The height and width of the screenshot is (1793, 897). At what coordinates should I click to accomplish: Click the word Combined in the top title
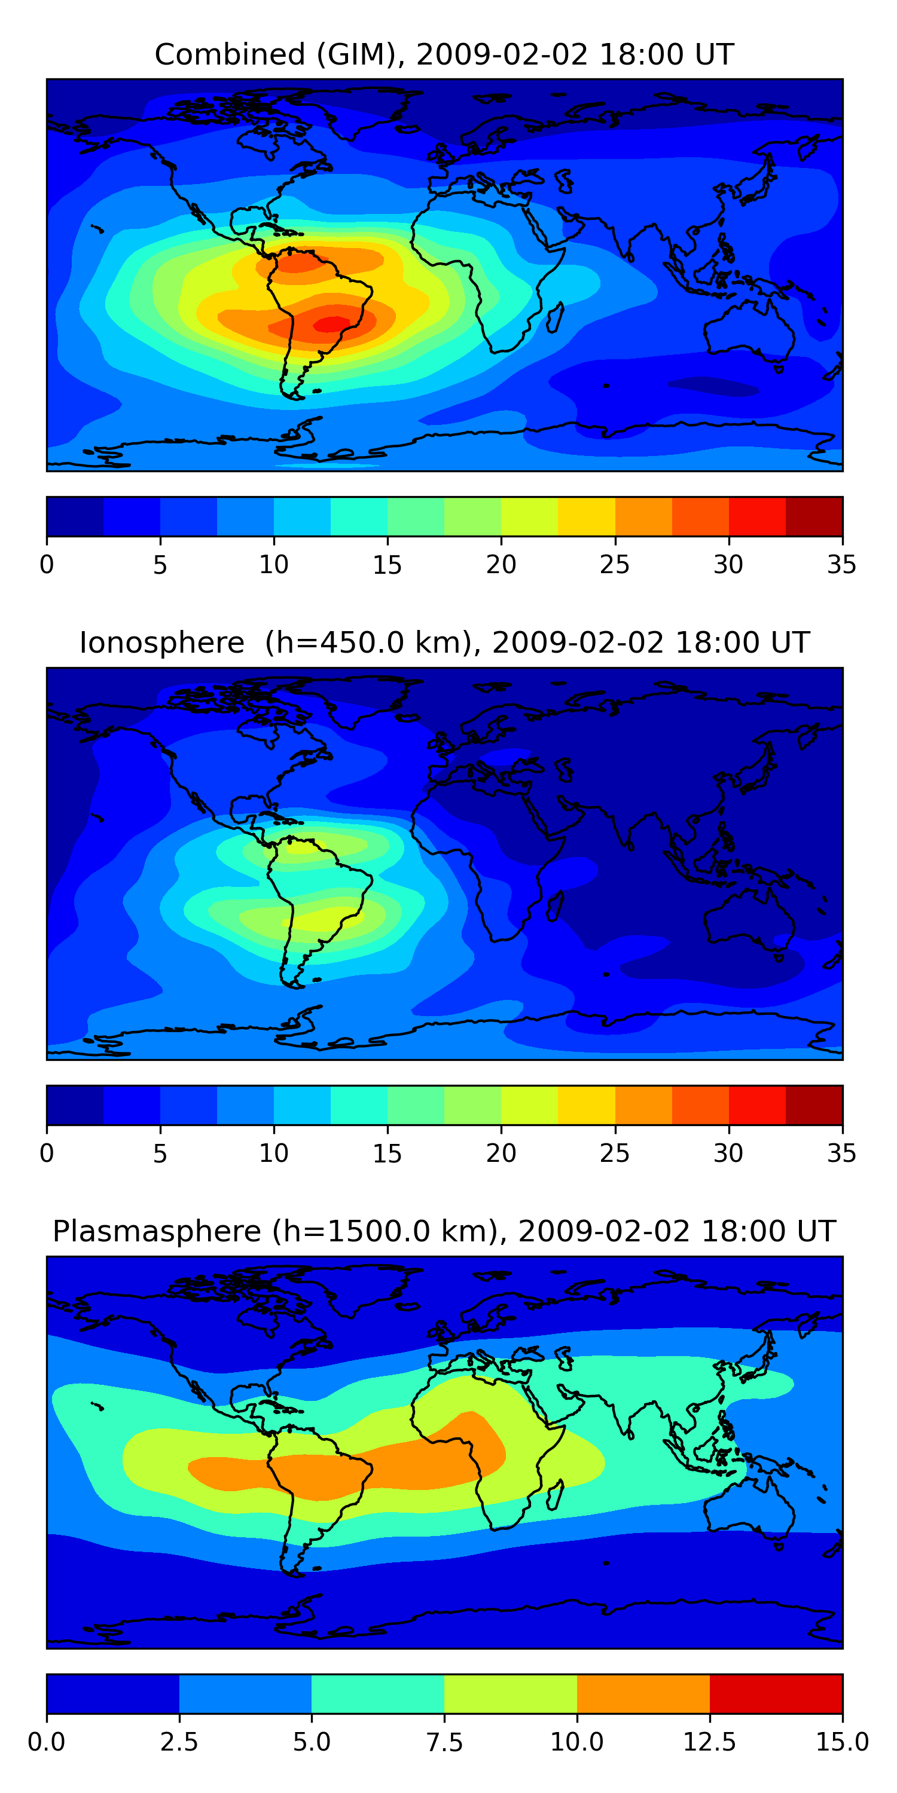click(230, 54)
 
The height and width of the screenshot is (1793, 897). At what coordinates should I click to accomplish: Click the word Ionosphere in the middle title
click(161, 642)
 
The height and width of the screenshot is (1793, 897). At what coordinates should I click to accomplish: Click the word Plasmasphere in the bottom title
click(157, 1231)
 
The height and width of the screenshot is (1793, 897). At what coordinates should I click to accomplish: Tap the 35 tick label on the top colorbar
click(841, 564)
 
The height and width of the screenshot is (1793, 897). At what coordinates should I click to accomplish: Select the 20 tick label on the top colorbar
click(501, 564)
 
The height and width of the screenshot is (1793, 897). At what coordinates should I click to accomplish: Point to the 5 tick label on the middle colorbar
click(160, 1153)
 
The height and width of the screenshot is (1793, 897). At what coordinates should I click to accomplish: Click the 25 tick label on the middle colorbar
click(614, 1153)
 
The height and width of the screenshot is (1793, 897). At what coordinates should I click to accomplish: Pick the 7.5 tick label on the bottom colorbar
click(444, 1742)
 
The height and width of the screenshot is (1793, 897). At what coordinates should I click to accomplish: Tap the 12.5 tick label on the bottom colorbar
click(709, 1742)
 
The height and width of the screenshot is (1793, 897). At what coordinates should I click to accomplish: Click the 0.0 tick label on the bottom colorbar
click(47, 1742)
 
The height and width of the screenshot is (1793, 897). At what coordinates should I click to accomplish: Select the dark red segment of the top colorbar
click(813, 516)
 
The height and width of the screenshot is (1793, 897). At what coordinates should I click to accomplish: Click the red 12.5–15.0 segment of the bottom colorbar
click(776, 1693)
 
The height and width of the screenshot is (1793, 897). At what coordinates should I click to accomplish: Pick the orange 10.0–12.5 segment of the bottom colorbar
click(643, 1693)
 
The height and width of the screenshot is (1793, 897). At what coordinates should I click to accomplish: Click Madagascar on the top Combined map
click(554, 317)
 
